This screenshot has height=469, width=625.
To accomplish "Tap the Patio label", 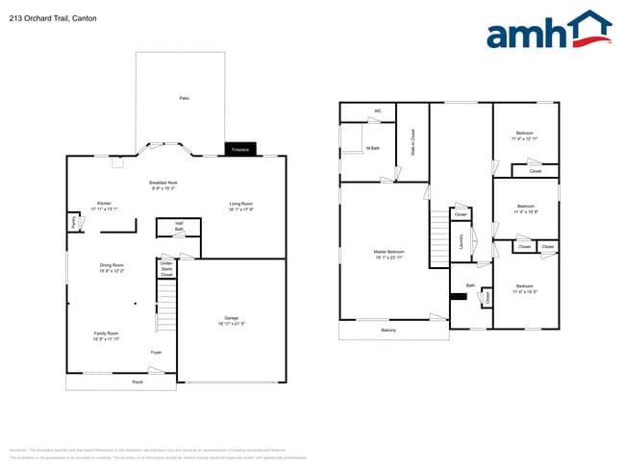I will coord(184,98).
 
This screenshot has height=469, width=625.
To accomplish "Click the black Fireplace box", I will coord(240,149).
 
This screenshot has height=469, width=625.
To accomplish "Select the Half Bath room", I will coord(178,227).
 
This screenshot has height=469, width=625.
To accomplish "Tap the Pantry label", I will coord(72,221).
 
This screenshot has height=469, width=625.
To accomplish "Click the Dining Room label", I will coord(112,266).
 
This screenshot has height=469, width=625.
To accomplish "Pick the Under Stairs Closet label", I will coord(166,268).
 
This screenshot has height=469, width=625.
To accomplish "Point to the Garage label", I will coord(231,320).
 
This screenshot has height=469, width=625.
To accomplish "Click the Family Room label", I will coord(106,335).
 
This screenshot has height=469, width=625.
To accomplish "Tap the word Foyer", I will coord(156,353).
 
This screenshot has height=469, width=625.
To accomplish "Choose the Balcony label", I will coord(387,330).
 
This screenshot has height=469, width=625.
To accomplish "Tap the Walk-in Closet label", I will coord(412,141).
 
